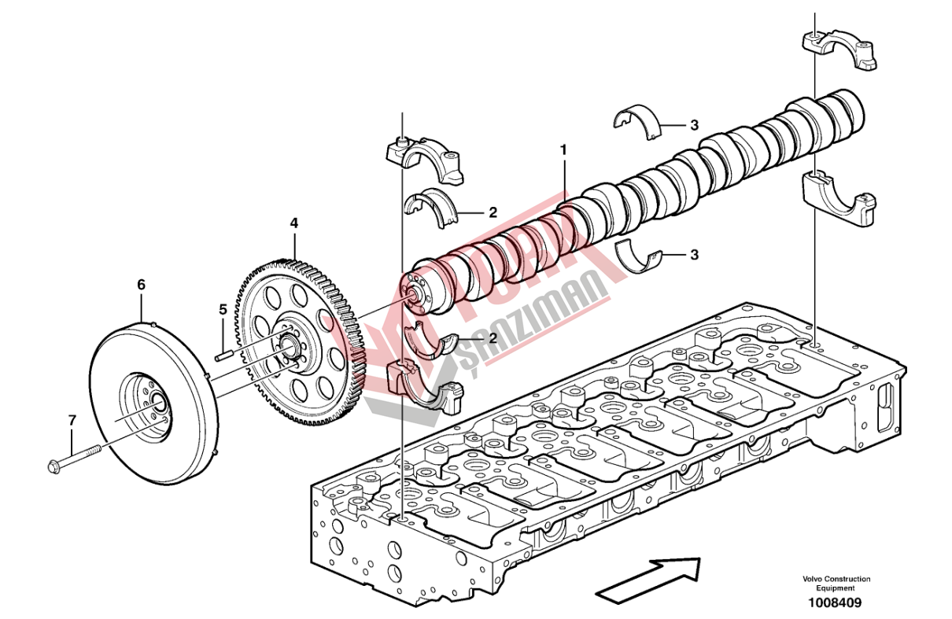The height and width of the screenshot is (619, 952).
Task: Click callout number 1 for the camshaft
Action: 563,149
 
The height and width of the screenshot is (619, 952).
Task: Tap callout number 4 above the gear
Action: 294,223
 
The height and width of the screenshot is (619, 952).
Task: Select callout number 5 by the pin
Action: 223,310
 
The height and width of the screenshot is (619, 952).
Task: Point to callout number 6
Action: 142,285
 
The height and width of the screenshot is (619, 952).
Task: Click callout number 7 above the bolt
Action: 72,421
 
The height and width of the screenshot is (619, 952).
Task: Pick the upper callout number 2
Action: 493,212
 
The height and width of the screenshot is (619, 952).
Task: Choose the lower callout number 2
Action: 493,338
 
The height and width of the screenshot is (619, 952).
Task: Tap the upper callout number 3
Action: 694,125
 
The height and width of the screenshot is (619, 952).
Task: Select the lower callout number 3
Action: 694,255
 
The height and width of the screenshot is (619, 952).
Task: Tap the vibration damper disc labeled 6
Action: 153,397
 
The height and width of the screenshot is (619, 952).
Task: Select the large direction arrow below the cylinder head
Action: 649,576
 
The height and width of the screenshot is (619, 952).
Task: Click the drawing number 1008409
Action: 833,603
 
